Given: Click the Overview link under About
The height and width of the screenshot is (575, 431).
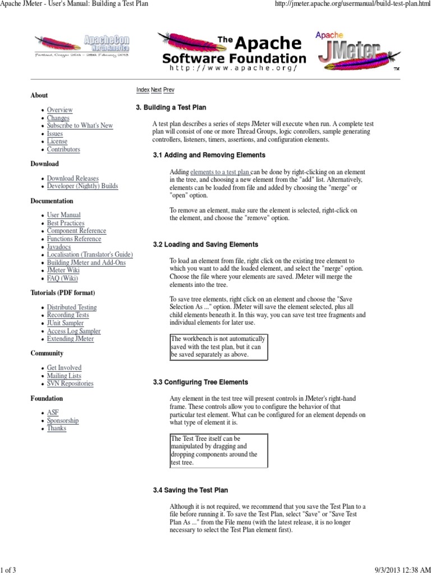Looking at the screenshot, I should tap(59, 110).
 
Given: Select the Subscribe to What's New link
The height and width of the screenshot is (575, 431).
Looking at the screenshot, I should tap(80, 126).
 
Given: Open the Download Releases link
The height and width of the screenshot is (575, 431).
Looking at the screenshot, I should tap(72, 179).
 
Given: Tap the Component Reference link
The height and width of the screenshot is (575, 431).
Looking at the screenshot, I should tap(76, 231).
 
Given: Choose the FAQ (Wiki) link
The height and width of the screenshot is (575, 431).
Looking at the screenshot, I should tap(62, 278).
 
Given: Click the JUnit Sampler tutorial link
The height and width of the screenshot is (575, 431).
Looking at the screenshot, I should tap(65, 323).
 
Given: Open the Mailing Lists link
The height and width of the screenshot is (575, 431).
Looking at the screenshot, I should tap(64, 376).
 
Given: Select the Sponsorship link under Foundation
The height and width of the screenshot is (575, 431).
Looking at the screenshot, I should tap(63, 421).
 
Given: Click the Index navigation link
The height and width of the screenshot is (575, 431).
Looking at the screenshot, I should tap(143, 90).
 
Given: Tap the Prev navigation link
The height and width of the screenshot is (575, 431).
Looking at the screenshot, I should tap(169, 90).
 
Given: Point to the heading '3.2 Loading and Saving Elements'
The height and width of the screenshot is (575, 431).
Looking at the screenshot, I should tap(205, 245).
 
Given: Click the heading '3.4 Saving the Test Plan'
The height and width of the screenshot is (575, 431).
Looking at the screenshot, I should tap(190, 490).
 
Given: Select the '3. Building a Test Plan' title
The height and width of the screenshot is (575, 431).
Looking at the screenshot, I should tap(171, 107).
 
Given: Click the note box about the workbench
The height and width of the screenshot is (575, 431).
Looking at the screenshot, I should tap(218, 347).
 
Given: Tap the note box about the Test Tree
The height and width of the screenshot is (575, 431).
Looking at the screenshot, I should tap(218, 450).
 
